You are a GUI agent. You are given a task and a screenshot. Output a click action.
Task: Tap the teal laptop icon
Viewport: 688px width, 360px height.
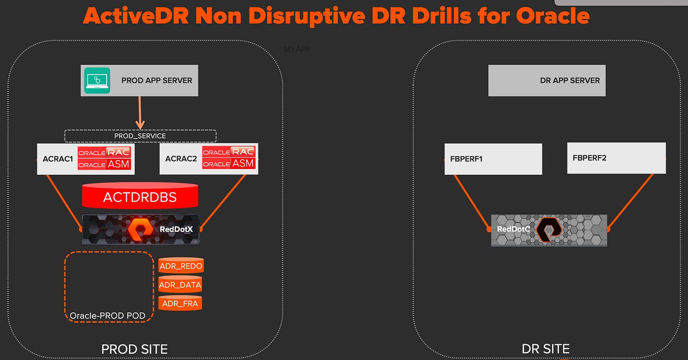[97, 80]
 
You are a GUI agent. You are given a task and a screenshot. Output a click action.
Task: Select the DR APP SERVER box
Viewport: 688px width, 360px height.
[546, 80]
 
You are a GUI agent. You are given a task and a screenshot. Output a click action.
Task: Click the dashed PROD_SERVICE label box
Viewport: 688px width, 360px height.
[140, 136]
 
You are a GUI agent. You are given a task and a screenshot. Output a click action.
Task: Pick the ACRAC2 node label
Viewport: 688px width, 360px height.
[180, 159]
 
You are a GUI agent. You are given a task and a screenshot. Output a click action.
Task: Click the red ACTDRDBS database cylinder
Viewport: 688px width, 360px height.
[140, 197]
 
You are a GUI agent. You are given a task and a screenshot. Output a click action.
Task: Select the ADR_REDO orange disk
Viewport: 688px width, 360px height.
[181, 266]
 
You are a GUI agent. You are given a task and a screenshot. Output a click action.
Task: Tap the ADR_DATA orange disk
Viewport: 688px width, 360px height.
[181, 285]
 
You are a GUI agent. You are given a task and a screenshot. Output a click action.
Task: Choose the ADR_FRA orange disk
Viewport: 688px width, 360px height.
[180, 304]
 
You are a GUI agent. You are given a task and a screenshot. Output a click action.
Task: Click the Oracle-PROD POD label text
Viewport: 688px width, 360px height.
[107, 315]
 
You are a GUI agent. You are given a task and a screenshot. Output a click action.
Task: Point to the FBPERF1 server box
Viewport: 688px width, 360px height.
[493, 159]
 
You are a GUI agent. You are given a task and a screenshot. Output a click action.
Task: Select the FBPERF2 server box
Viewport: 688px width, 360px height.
[616, 158]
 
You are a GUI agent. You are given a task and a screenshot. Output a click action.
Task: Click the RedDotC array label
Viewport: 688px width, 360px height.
[513, 229]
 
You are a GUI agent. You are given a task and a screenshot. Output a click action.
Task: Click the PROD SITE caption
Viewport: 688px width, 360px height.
[134, 349]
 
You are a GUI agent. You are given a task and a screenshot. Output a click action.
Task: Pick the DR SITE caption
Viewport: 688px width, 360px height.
[545, 349]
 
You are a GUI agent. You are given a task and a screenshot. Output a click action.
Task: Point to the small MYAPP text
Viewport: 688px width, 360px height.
[297, 50]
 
